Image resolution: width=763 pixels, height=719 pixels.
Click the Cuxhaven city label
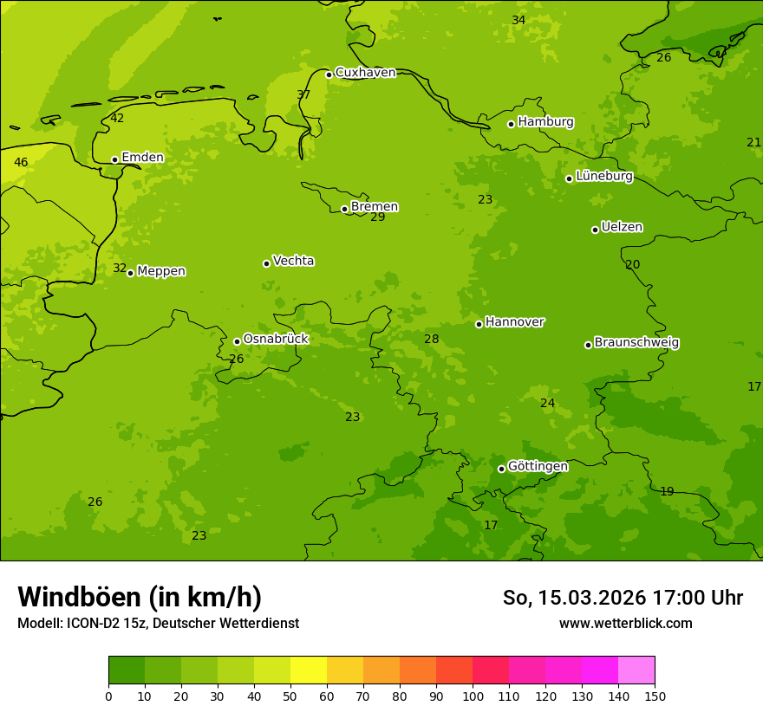point(365,73)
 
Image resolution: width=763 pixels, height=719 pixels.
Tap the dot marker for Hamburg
point(512,124)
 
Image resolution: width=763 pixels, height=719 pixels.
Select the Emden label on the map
point(142,158)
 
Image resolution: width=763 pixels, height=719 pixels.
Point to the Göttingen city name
point(538,467)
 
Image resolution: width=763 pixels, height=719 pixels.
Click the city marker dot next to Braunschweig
point(588,345)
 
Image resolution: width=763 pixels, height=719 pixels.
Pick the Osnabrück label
point(276,340)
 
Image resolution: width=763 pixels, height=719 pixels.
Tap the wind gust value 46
point(21,163)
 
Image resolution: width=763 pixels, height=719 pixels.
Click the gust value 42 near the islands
point(117,119)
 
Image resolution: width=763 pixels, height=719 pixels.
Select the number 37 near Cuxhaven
point(303,95)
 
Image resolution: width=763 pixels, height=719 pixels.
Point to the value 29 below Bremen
point(378,217)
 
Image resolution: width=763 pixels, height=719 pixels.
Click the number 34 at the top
point(518,21)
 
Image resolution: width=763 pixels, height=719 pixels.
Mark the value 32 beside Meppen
point(120,269)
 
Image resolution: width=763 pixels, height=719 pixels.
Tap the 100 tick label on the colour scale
point(473,696)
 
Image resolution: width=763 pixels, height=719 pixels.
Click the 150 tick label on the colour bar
point(655,696)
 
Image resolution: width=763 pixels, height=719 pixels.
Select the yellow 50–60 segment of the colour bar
point(309,670)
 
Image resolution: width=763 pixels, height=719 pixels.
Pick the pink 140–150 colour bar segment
point(636,670)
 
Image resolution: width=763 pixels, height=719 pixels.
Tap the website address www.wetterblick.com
point(625,624)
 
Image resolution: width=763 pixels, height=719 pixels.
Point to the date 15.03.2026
point(591,599)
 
